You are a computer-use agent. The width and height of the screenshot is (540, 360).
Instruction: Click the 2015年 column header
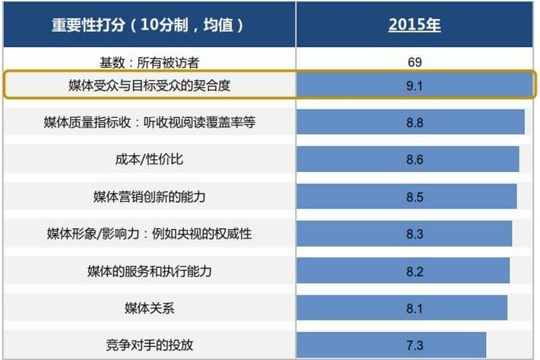pyautogui.click(x=414, y=24)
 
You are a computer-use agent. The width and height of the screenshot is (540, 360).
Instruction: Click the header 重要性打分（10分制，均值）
pyautogui.click(x=149, y=24)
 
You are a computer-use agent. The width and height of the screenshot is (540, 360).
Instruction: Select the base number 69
pyautogui.click(x=415, y=62)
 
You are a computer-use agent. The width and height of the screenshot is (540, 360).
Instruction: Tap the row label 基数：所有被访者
pyautogui.click(x=149, y=62)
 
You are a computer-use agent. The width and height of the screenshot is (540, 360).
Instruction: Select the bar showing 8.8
pyautogui.click(x=411, y=122)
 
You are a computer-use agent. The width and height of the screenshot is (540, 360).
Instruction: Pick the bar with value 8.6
pyautogui.click(x=408, y=159)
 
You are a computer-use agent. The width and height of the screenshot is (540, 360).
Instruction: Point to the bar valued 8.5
pyautogui.click(x=407, y=196)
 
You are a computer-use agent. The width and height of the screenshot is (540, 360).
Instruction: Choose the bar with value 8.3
pyautogui.click(x=405, y=234)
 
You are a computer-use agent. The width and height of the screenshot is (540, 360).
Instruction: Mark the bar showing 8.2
pyautogui.click(x=403, y=271)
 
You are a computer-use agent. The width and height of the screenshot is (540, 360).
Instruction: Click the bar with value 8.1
pyautogui.click(x=402, y=307)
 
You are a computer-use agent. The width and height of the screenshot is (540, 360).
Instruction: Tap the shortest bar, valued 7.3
pyautogui.click(x=392, y=345)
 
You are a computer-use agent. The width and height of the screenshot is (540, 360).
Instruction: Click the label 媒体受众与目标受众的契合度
pyautogui.click(x=149, y=85)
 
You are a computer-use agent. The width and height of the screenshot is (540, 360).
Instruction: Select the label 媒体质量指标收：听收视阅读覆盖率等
pyautogui.click(x=149, y=122)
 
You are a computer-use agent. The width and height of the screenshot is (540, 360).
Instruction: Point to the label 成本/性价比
pyautogui.click(x=149, y=159)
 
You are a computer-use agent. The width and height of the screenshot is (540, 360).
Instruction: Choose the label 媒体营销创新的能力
pyautogui.click(x=149, y=196)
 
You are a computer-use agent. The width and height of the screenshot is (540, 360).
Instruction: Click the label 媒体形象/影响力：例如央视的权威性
pyautogui.click(x=149, y=234)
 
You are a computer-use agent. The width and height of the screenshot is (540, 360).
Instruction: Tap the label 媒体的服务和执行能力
pyautogui.click(x=149, y=271)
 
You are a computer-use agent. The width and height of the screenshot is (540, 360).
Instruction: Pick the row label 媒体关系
pyautogui.click(x=149, y=307)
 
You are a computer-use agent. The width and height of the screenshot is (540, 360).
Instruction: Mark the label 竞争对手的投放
pyautogui.click(x=149, y=345)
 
